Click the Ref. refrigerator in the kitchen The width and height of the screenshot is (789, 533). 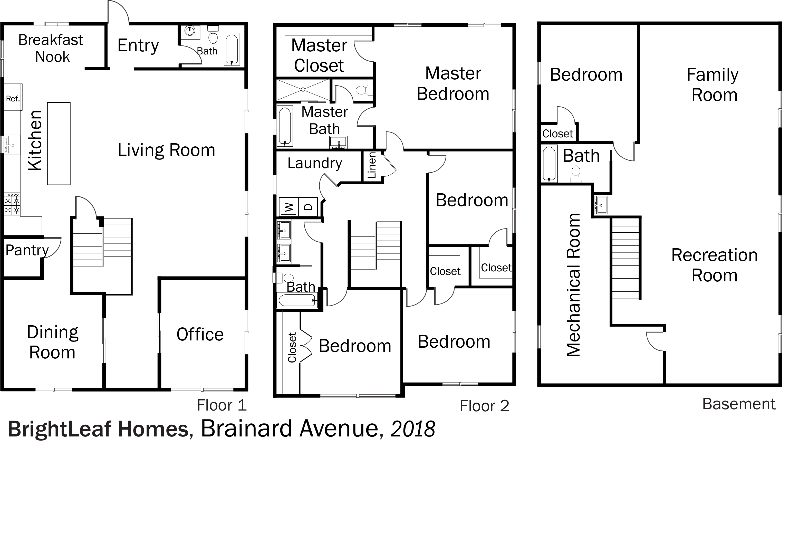[13, 97]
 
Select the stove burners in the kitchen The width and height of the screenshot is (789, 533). [12, 204]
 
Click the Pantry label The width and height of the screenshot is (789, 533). [27, 251]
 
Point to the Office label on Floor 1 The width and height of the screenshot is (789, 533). [200, 334]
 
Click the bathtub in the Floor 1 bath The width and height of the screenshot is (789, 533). [232, 49]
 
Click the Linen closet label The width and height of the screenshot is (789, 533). [372, 165]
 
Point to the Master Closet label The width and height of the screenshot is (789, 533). [319, 55]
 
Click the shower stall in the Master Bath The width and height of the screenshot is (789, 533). [303, 90]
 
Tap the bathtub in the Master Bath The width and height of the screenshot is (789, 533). [285, 126]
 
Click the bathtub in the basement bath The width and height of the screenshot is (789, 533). [549, 163]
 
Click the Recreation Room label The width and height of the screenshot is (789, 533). [714, 265]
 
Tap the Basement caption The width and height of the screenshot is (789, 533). [739, 404]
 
